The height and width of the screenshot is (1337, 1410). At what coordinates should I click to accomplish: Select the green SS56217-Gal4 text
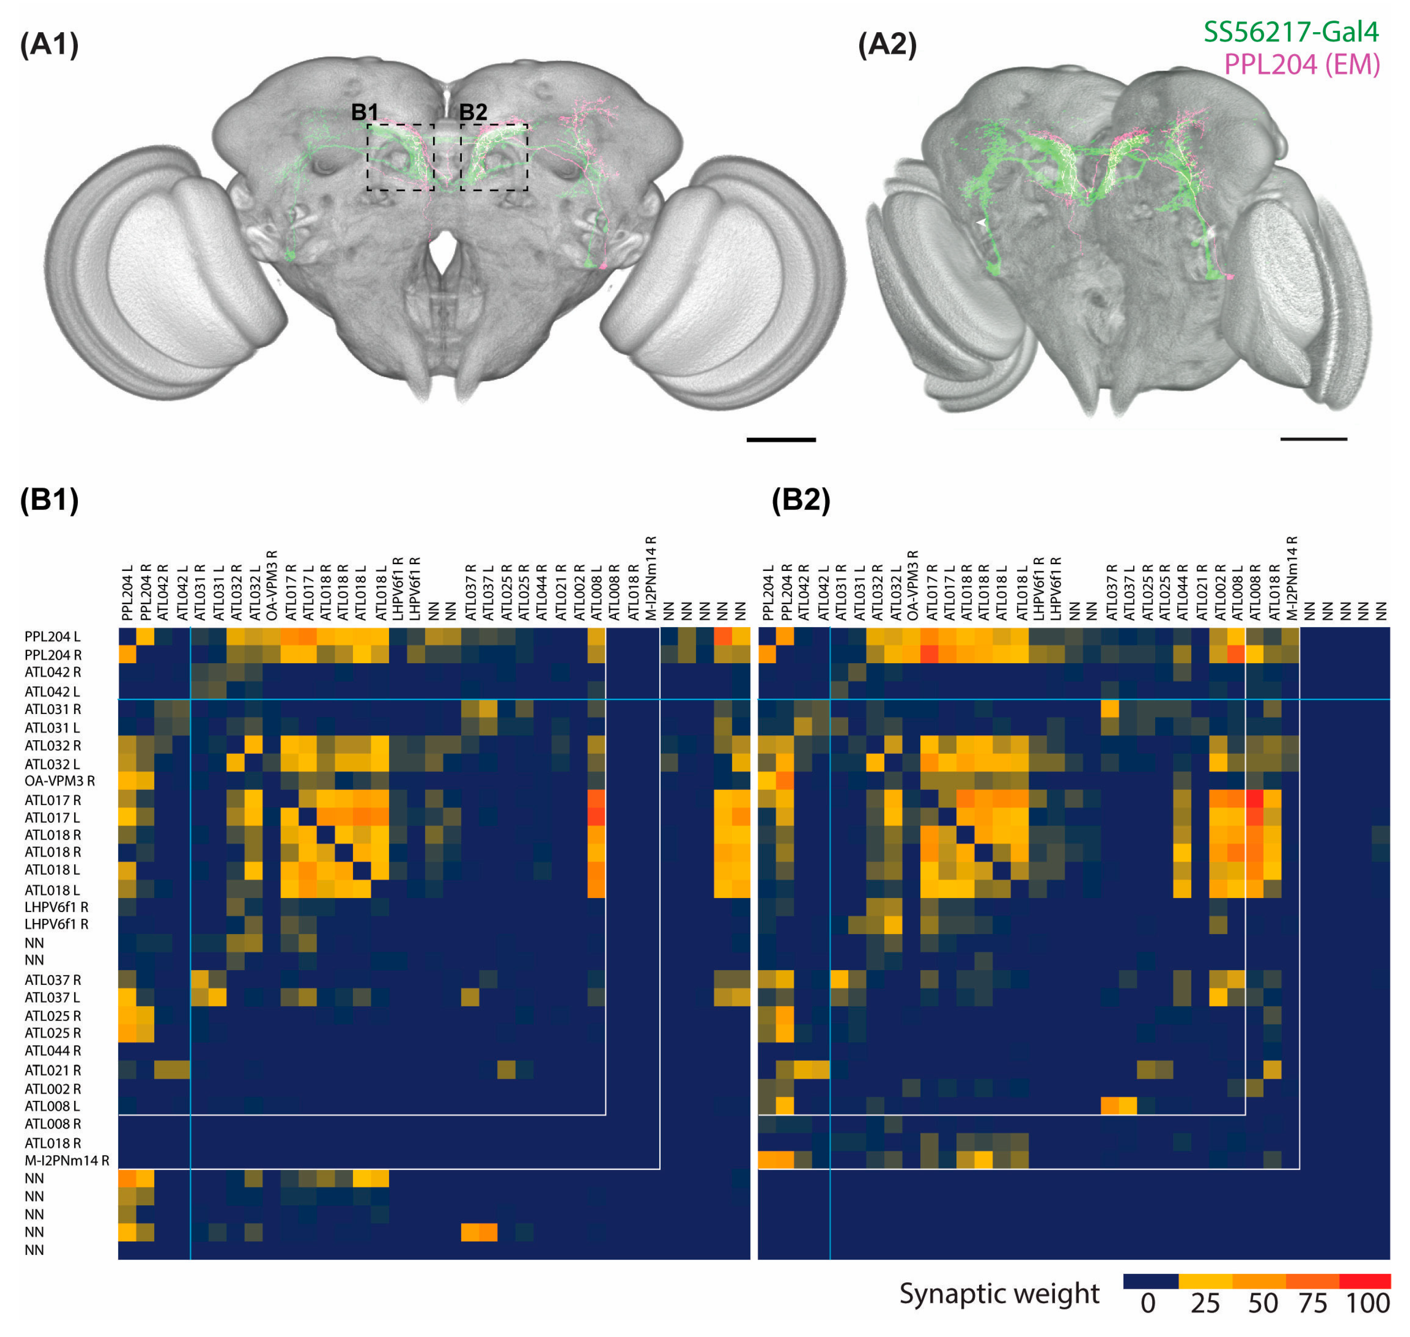[x=1290, y=32]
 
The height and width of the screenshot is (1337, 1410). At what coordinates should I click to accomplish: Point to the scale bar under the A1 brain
[x=781, y=440]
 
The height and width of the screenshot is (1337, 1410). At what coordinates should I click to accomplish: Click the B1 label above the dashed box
[x=364, y=112]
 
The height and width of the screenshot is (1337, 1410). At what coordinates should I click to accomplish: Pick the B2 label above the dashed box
[x=473, y=112]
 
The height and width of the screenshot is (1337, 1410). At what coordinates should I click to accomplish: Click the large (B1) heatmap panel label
[x=49, y=500]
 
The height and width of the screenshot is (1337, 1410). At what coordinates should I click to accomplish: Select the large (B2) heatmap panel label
[x=800, y=500]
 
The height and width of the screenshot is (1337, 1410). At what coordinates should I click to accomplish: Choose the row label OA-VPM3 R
[x=60, y=781]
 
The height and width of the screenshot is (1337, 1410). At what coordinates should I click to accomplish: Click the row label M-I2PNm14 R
[x=67, y=1160]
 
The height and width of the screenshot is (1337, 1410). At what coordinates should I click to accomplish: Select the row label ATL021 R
[x=53, y=1070]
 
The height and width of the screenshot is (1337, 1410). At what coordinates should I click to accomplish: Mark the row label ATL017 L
[x=52, y=817]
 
